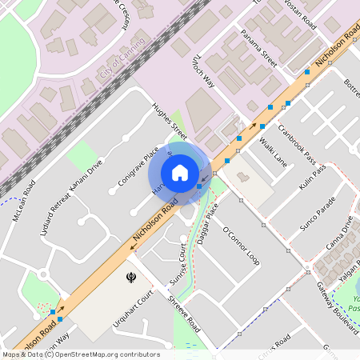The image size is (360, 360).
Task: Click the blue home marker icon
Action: coord(180,172)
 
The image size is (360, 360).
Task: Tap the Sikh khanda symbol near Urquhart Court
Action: coord(126,278)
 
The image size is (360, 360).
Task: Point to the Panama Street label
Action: coord(254,57)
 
